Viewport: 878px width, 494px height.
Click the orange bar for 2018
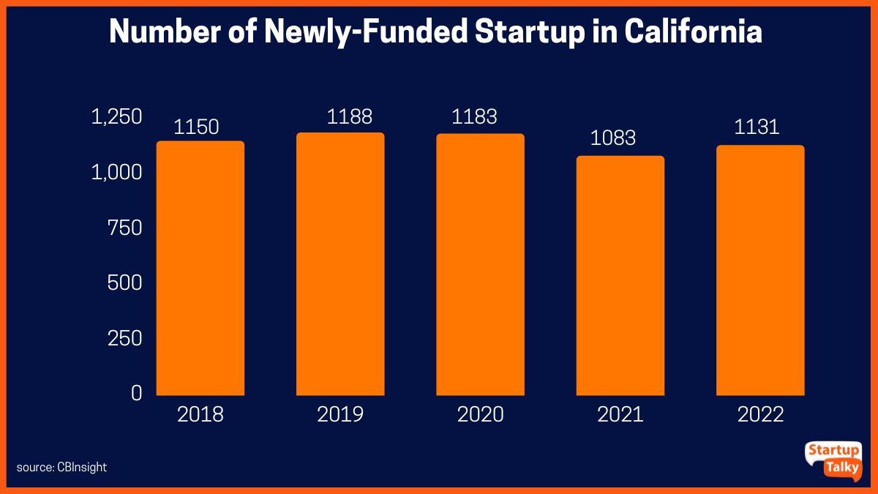coord(200,268)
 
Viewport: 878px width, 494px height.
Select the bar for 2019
coord(340,263)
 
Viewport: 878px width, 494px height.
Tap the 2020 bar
coord(480,264)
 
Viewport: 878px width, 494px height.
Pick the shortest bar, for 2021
coord(620,275)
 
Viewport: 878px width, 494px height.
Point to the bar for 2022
coord(760,270)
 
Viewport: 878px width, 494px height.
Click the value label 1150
coord(196,127)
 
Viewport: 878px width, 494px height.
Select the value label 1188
coord(350,116)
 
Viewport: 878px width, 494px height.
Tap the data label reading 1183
coord(475,116)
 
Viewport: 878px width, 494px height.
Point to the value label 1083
coord(613,138)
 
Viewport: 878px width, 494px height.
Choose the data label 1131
coord(757,127)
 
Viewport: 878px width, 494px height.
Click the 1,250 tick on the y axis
coord(116,117)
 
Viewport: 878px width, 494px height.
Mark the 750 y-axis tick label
coord(124,228)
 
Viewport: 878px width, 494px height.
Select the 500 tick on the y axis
coord(124,283)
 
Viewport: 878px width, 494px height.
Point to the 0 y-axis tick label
coord(136,393)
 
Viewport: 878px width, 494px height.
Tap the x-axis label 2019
coord(340,415)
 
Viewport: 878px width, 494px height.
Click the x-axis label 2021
coord(620,415)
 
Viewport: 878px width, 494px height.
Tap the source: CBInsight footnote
coord(61,467)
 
